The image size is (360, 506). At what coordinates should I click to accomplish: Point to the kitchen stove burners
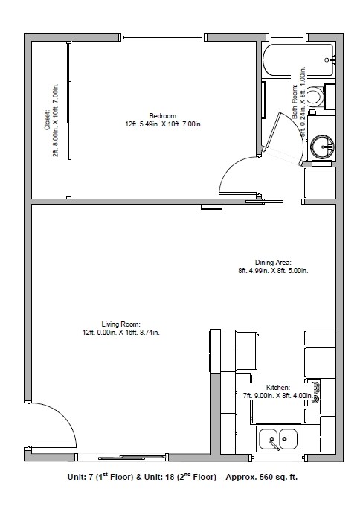point(317,391)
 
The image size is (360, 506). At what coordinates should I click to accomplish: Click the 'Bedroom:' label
point(163,115)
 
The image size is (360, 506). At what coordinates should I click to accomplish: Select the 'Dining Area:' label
point(268,263)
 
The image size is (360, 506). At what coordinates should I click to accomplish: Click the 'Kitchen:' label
point(277,388)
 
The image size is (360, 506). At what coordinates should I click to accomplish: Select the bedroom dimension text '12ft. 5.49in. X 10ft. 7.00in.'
point(163,124)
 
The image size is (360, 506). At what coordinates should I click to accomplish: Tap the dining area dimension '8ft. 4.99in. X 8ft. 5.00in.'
point(268,271)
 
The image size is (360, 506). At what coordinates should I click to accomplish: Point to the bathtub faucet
point(330,58)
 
